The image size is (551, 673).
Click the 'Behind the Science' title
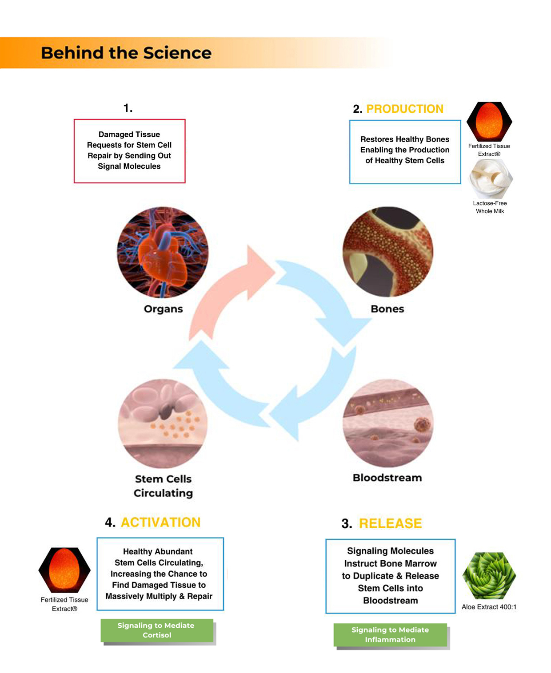pos(126,53)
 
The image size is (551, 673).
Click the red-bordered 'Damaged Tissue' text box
pos(129,151)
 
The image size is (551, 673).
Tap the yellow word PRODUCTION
pos(404,109)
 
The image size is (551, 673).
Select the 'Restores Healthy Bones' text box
pos(405,152)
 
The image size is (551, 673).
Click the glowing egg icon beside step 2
pos(489,122)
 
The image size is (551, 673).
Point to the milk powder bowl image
pos(490,179)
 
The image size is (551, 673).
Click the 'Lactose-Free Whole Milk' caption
pos(490,207)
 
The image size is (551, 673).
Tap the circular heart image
pos(163,252)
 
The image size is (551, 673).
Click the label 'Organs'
pos(163,309)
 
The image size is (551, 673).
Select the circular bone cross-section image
pos(388,252)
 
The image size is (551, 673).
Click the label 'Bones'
pos(387,309)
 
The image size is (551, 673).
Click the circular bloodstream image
pos(388,424)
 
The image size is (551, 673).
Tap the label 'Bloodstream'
pos(387,478)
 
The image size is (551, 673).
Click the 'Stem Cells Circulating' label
pos(163,486)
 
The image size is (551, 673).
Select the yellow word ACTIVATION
pos(160,523)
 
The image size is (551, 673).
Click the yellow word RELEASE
pos(390,524)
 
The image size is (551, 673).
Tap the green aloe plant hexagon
pos(489,576)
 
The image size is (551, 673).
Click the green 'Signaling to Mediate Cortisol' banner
pos(156,630)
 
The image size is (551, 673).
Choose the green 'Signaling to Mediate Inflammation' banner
pos(390,635)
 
